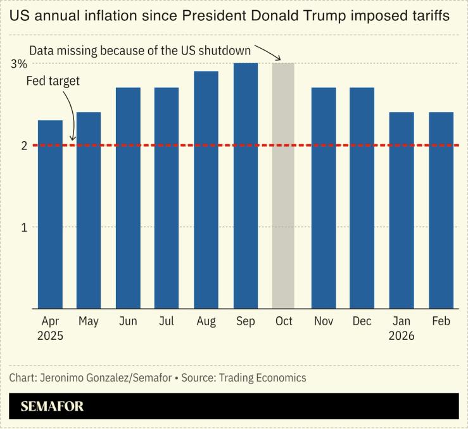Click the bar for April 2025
click(50, 214)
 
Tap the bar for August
click(206, 190)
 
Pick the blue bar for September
click(245, 186)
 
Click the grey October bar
click(284, 186)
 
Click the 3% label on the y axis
click(19, 64)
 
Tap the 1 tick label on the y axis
click(23, 227)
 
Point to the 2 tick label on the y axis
click(23, 146)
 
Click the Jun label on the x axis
click(128, 321)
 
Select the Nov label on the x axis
click(324, 321)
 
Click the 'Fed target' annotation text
click(53, 82)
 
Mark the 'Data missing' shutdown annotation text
click(141, 50)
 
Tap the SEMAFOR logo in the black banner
click(52, 406)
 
